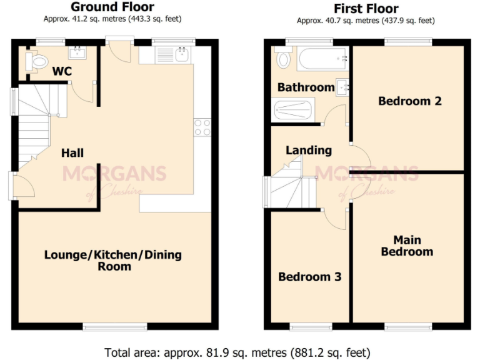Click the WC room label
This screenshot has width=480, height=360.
pos(62,71)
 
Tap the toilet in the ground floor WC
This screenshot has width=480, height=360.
pos(36,61)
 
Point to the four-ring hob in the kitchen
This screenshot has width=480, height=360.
pos(202,127)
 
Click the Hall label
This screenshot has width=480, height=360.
pos(72,153)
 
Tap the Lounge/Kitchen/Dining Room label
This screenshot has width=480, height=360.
pos(113,261)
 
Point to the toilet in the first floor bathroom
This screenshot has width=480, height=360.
pos(283,59)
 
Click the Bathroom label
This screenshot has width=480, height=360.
pos(306,87)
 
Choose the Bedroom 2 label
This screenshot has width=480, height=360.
pos(409,101)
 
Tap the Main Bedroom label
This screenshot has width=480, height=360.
pos(407,246)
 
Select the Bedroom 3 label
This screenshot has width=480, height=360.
pos(309,276)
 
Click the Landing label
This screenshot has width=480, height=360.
pos(308,150)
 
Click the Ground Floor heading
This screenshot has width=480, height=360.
pos(112,7)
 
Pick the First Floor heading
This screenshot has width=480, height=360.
pos(366,8)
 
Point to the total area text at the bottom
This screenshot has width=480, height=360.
pos(239,351)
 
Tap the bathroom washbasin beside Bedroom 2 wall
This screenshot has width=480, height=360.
pos(342,87)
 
